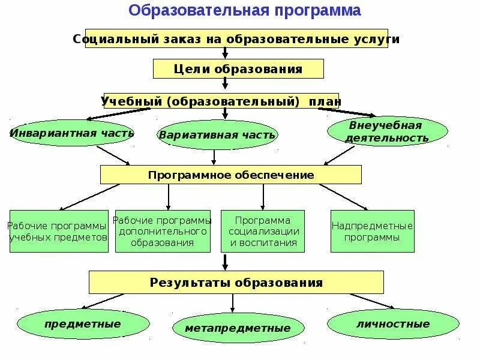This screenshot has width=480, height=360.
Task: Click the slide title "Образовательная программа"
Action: [245, 10]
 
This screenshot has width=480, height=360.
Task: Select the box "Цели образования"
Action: [238, 69]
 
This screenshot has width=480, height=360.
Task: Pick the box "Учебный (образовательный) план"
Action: [221, 101]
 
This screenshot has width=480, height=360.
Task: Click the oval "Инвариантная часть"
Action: [72, 133]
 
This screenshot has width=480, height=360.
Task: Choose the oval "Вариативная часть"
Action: [217, 134]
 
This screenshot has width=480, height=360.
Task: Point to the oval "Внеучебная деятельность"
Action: [388, 131]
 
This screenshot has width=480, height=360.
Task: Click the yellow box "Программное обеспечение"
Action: [231, 175]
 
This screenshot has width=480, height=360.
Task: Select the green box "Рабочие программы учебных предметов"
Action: [59, 231]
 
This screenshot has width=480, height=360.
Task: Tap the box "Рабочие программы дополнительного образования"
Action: [163, 231]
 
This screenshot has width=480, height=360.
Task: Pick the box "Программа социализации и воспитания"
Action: [263, 231]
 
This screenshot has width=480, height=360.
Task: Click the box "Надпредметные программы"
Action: [373, 231]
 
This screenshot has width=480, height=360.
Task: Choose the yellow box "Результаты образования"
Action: [236, 282]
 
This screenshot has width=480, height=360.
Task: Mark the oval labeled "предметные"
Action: [83, 324]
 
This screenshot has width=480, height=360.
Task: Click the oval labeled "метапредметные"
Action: [237, 328]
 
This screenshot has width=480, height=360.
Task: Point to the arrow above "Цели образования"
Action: [225, 53]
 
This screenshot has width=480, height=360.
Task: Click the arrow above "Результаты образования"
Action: [226, 261]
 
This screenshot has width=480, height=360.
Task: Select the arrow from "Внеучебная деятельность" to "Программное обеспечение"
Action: [340, 155]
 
